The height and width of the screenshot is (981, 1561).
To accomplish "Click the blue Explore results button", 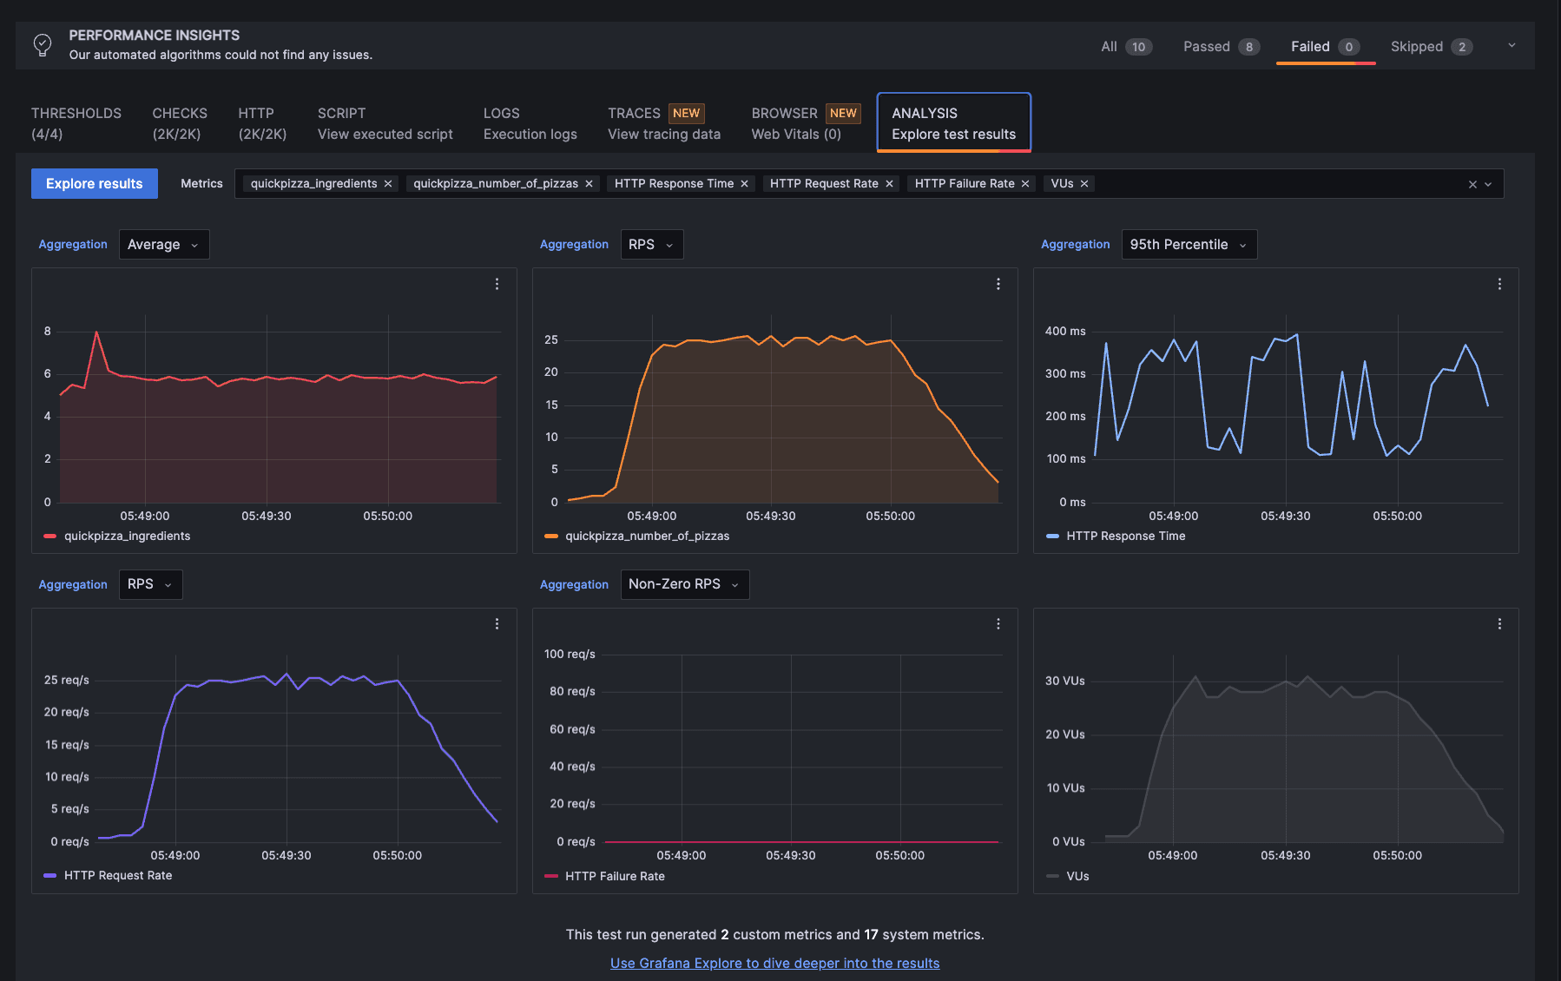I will pos(94,183).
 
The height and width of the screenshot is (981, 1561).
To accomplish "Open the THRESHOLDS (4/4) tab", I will pos(76,123).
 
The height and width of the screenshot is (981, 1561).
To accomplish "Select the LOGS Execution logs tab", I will pos(530,123).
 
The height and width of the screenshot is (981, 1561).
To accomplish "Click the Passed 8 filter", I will pos(1220,47).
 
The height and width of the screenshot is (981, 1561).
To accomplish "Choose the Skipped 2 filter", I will pos(1430,47).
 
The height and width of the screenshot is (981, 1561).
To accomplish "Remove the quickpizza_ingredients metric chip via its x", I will pos(388,184).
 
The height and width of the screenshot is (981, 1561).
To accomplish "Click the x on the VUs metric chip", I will pos(1084,184).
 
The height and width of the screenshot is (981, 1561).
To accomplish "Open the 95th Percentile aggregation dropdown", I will pos(1189,245).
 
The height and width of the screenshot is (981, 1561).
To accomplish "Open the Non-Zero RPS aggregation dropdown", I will pos(684,584).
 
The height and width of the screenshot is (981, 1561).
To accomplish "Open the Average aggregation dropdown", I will pos(163,245).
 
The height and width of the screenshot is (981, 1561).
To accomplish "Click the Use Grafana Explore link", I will pos(774,963).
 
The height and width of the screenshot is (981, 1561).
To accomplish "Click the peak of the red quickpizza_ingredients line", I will pos(96,332).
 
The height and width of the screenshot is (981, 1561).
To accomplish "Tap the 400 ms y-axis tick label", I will pos(1065,331).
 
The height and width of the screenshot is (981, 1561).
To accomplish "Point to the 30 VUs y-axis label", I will pos(1064,681).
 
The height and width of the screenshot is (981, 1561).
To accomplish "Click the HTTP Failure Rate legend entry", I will pos(614,876).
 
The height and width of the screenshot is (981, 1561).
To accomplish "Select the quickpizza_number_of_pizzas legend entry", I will pos(646,536).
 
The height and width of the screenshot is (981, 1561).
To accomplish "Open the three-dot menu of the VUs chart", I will pos(1499,623).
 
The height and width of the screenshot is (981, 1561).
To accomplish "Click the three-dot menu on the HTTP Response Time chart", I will pos(1499,284).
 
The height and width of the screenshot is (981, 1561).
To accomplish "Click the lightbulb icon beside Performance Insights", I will pos(43,44).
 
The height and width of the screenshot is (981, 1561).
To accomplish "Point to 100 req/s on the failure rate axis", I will pos(570,654).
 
